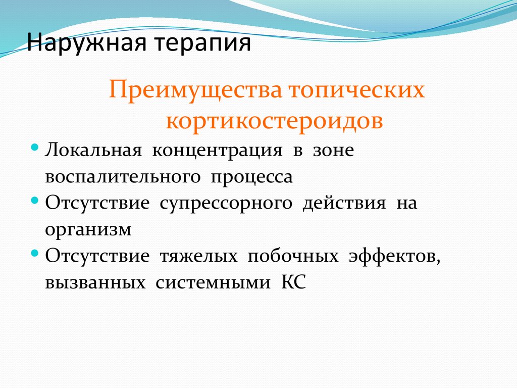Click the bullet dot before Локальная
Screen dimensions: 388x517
[x=34, y=148]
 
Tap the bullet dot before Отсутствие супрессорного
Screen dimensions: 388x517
[x=34, y=200]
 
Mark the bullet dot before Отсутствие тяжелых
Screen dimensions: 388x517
[x=34, y=252]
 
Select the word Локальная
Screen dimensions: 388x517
[x=91, y=151]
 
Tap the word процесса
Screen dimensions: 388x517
[x=252, y=177]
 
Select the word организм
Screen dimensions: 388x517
[x=88, y=230]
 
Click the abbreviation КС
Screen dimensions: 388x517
[x=292, y=282]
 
